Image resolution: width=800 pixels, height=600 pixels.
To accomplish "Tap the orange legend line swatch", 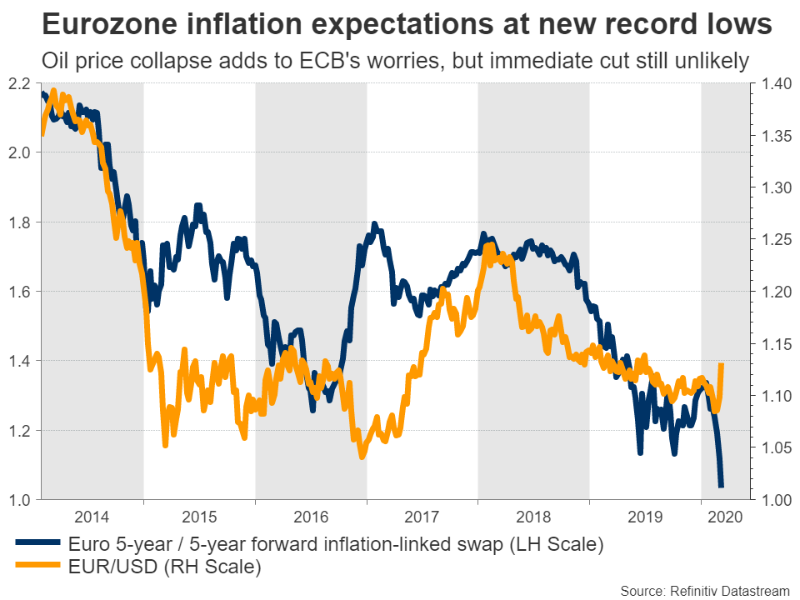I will [37, 568].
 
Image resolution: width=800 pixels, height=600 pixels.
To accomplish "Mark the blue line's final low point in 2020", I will [721, 486].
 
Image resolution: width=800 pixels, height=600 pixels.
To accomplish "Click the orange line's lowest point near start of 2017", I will [362, 457].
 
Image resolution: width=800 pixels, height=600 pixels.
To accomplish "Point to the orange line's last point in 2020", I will [721, 364].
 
